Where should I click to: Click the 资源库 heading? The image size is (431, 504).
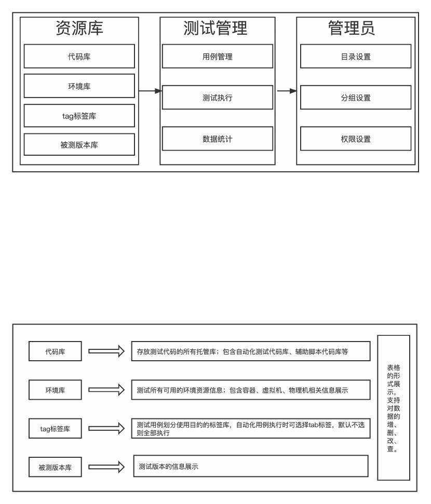click(x=79, y=29)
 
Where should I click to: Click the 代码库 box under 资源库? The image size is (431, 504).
click(x=79, y=57)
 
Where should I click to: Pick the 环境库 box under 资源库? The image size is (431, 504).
click(x=79, y=86)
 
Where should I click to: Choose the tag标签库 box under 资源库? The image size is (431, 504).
click(x=79, y=116)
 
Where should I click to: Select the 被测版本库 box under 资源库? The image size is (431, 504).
click(x=79, y=145)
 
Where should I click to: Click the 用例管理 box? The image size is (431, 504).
click(x=217, y=57)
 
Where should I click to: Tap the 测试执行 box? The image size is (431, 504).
click(x=217, y=98)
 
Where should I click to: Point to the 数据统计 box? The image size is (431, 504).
click(x=217, y=138)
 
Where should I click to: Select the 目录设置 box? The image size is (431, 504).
click(x=355, y=57)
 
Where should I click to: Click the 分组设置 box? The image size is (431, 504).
click(x=355, y=98)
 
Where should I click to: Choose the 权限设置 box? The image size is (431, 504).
click(x=355, y=138)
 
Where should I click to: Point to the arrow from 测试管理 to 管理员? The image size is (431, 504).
click(x=286, y=91)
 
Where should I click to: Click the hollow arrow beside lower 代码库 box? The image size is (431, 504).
click(x=106, y=351)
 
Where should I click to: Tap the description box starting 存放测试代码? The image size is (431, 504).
click(x=251, y=351)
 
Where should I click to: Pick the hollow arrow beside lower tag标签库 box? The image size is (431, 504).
click(x=106, y=428)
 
